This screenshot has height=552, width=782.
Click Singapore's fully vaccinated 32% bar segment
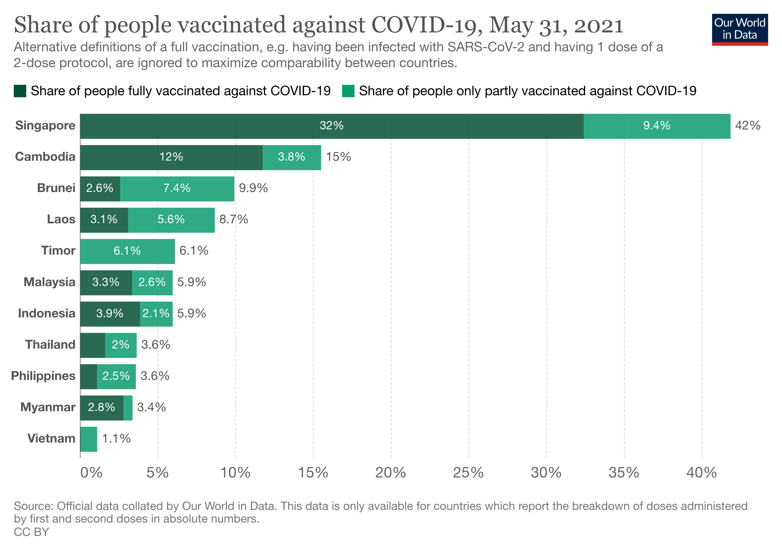[x=331, y=126]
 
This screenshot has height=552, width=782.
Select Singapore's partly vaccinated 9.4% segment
[x=656, y=126]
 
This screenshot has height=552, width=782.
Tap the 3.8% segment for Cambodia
[x=292, y=157]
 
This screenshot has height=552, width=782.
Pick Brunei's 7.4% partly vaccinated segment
[x=177, y=189]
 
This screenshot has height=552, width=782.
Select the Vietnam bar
[x=89, y=439]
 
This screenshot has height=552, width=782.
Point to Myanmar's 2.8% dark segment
[x=101, y=408]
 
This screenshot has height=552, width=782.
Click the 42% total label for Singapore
[x=747, y=126]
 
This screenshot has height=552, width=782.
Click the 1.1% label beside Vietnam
[x=116, y=439]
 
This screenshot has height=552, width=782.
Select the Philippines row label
[x=43, y=376]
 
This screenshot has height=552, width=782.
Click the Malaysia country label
[x=49, y=282]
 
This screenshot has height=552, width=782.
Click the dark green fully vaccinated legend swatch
[x=20, y=91]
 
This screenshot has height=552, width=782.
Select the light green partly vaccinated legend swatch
[x=348, y=91]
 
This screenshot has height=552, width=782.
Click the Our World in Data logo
[x=739, y=29]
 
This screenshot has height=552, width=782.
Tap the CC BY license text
[x=31, y=532]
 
